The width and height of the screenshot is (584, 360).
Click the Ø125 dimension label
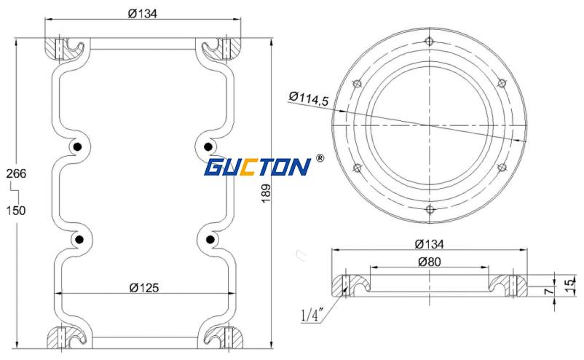tap(143, 288)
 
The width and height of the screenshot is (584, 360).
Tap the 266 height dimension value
tap(17, 173)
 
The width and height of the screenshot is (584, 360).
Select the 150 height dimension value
tap(17, 211)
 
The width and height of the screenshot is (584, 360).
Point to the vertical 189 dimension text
tap(267, 193)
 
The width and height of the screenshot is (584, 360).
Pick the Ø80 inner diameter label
tap(430, 262)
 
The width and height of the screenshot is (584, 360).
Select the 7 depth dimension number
tap(548, 291)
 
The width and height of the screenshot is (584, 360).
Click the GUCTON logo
tap(257, 167)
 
